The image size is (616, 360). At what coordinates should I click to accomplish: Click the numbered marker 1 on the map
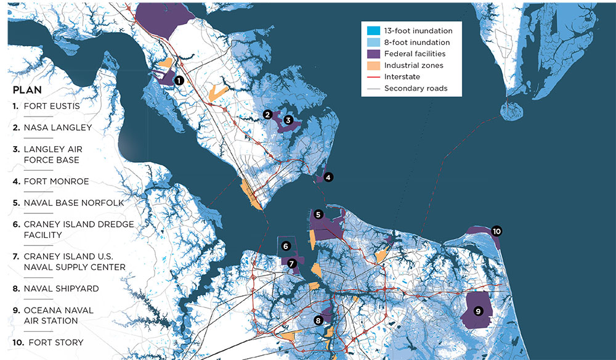(x=179, y=80)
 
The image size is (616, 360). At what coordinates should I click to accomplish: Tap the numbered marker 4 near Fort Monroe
(x=328, y=178)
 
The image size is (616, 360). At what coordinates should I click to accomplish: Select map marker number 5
(x=318, y=215)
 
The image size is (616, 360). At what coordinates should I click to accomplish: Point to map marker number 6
(x=285, y=246)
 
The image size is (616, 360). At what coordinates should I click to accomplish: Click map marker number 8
(x=318, y=320)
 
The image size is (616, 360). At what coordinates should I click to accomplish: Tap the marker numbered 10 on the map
(x=496, y=231)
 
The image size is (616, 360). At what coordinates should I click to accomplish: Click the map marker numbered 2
(x=267, y=114)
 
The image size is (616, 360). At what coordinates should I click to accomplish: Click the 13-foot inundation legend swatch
(x=372, y=31)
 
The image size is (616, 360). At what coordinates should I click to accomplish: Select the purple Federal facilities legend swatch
(x=372, y=54)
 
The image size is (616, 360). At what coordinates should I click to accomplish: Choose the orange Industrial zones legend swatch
(x=372, y=65)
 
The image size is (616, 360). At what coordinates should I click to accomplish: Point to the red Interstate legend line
(x=372, y=77)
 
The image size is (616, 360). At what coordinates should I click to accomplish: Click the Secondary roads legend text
(x=415, y=88)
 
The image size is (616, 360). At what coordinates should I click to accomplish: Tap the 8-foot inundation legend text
(x=417, y=43)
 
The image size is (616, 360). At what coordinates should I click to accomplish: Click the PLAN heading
(x=27, y=89)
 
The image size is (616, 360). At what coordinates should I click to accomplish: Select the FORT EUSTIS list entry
(x=51, y=106)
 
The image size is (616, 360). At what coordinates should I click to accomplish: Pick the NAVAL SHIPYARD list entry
(x=60, y=288)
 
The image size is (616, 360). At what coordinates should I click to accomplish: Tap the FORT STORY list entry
(x=53, y=342)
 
